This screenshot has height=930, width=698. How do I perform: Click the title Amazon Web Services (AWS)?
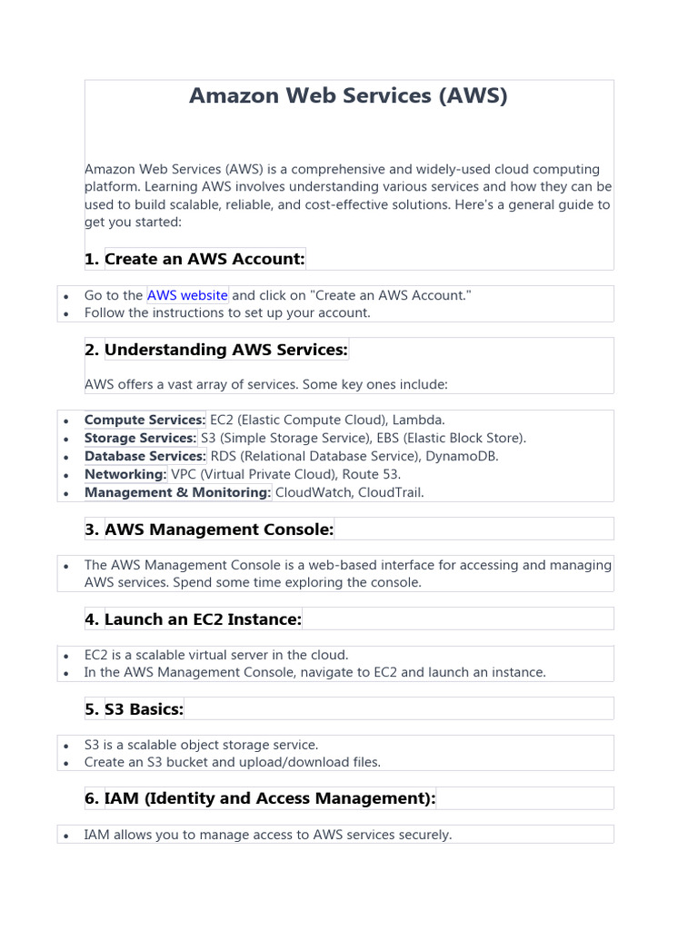tap(348, 95)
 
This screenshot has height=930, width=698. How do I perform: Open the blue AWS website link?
tap(187, 295)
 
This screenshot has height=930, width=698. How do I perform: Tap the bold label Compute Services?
tap(145, 420)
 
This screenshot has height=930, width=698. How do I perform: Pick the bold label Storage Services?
tap(140, 438)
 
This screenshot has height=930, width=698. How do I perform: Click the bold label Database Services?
tap(145, 456)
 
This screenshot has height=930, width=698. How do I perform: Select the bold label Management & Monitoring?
tap(177, 492)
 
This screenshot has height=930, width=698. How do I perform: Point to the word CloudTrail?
tap(392, 492)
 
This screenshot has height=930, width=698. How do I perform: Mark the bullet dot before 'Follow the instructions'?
tap(65, 313)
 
